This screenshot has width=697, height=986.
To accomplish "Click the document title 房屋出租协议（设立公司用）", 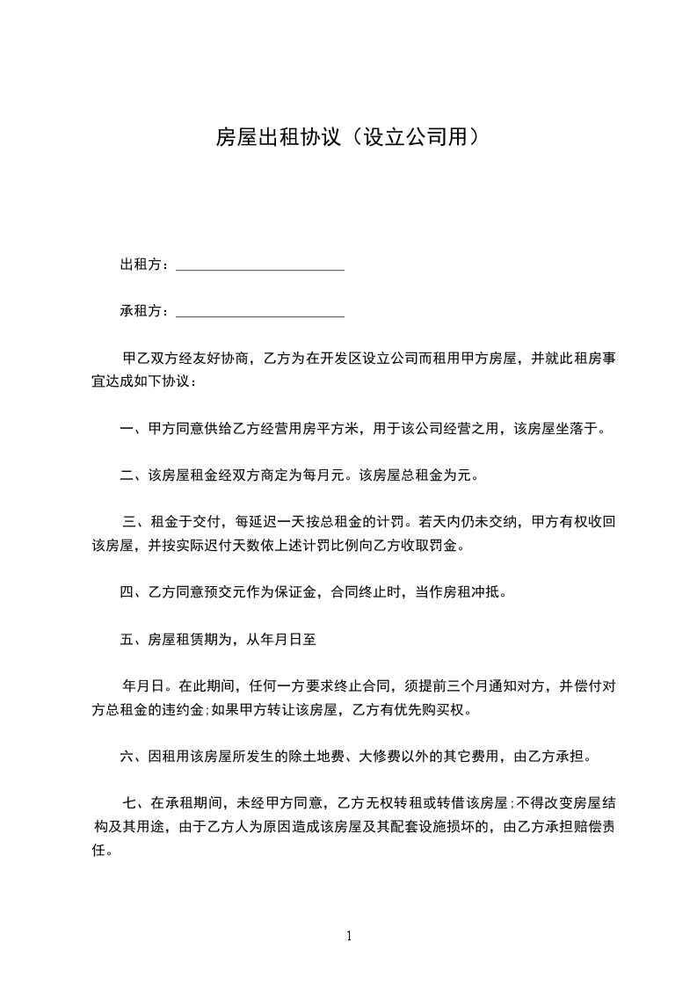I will pos(348,137).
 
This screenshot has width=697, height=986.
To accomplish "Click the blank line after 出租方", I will pos(260,266).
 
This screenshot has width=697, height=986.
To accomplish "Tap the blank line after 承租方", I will pos(260,313).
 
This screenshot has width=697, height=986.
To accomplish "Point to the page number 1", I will pos(349,937).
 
